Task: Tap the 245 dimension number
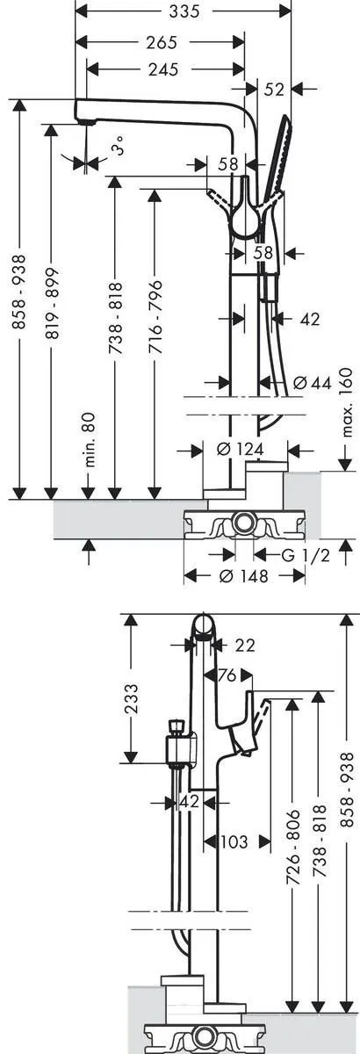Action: pyautogui.click(x=158, y=72)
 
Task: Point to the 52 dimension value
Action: pyautogui.click(x=274, y=88)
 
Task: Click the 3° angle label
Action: pyautogui.click(x=119, y=150)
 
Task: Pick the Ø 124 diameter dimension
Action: pyautogui.click(x=240, y=450)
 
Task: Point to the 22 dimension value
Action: pyautogui.click(x=245, y=646)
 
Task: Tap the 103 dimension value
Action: pyautogui.click(x=232, y=841)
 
